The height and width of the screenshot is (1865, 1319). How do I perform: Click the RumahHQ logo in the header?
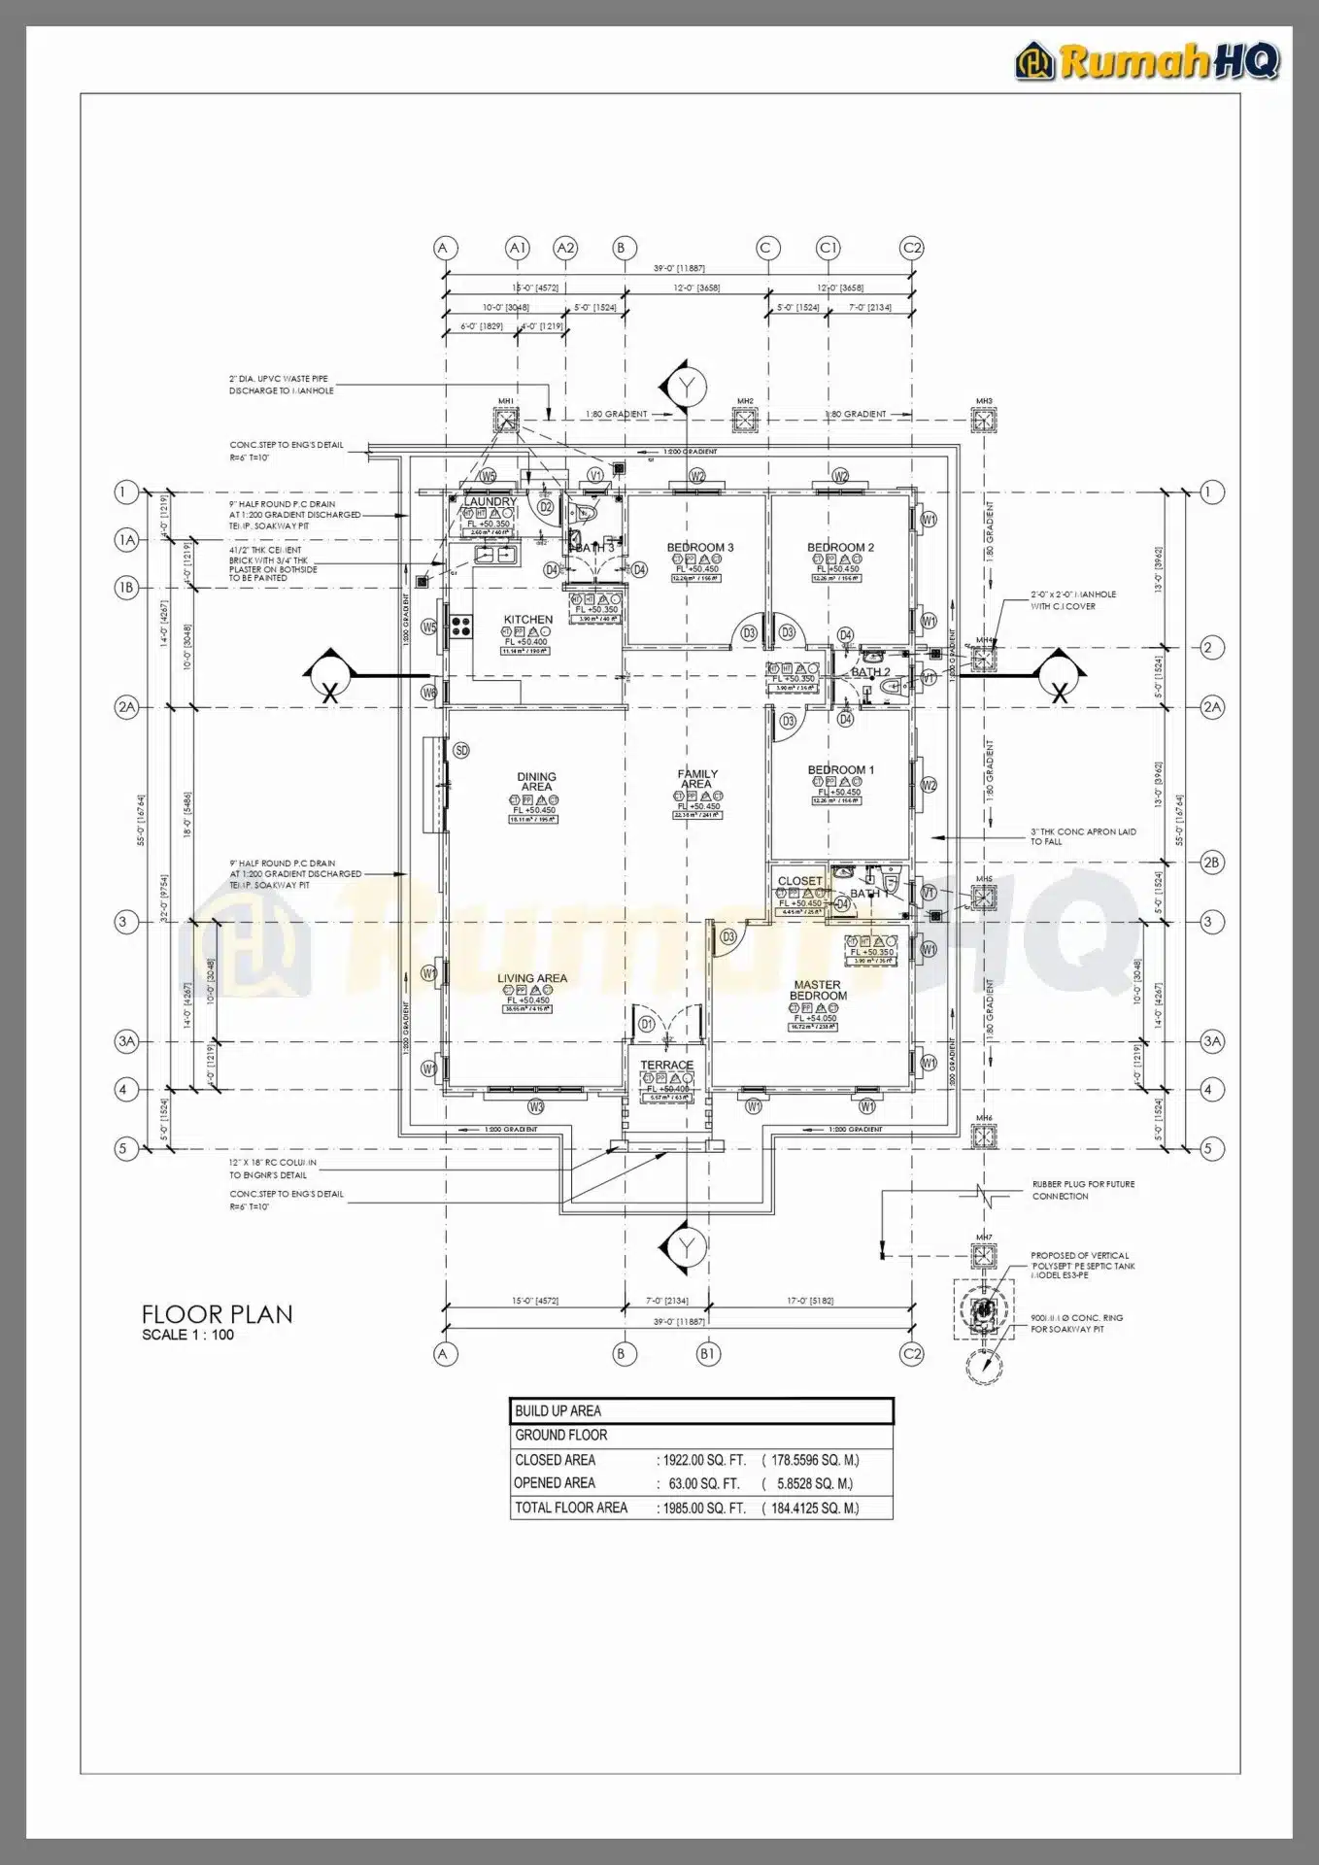pos(1148,61)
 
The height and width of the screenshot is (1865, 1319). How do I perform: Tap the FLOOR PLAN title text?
pos(217,1314)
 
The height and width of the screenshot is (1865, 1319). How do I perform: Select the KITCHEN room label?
pos(528,619)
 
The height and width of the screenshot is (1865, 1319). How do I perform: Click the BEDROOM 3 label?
pos(700,547)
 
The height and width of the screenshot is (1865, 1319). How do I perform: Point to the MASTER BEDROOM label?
pos(818,990)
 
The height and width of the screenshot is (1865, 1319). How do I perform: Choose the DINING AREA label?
pos(536,781)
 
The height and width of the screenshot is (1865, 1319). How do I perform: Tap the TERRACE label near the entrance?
pos(666,1065)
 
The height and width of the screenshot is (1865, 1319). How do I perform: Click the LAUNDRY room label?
pos(490,501)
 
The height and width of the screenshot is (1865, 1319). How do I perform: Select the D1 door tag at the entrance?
pos(647,1024)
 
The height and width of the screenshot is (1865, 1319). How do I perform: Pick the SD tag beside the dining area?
pos(461,750)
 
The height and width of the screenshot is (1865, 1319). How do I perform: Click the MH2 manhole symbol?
pos(745,420)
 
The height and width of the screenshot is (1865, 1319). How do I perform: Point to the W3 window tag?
pos(536,1106)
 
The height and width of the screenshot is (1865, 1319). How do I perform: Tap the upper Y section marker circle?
pos(687,387)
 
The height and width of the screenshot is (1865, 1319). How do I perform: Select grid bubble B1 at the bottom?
pos(709,1354)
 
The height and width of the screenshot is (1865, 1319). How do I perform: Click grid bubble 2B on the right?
pos(1211,862)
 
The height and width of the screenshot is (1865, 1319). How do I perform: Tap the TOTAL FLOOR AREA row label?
pos(571,1508)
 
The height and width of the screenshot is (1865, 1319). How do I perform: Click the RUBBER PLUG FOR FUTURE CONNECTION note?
pos(1082,1190)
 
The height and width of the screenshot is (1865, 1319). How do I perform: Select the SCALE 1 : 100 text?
pos(187,1335)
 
